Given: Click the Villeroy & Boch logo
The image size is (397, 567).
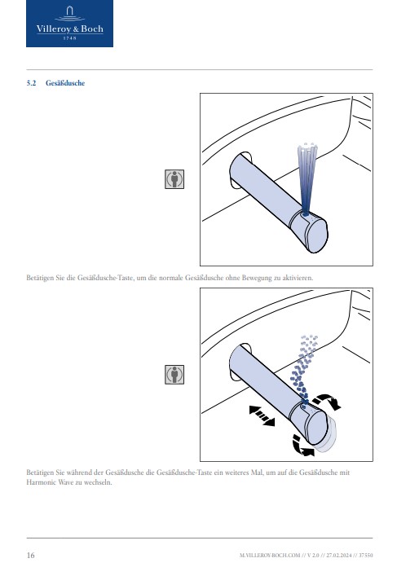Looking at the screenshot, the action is tap(69, 24).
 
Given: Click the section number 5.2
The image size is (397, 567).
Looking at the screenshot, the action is tap(31, 83).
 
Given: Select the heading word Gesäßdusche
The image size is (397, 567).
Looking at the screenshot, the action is tap(65, 83).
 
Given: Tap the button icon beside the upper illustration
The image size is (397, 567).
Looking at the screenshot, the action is tap(174, 179).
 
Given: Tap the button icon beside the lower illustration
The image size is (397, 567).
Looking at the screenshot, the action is tap(174, 374).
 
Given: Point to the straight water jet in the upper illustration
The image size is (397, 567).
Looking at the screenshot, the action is tap(307, 179).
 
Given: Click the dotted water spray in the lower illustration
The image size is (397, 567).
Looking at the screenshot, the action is tap(303, 369).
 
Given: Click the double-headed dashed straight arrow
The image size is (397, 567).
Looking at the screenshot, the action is tap(262, 415).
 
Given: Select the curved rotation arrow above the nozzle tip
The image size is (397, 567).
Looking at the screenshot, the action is tap(327, 400).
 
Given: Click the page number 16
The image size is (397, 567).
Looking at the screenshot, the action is tap(31, 555).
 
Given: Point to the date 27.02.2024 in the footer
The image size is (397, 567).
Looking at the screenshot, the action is tap(339, 555).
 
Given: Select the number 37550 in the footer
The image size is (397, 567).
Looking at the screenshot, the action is tap(366, 555).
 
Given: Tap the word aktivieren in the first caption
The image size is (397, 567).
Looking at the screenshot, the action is tap(298, 278).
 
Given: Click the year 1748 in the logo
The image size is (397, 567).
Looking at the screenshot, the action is tap(69, 38).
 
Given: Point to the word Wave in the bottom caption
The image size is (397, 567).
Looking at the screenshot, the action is tap(66, 482).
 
